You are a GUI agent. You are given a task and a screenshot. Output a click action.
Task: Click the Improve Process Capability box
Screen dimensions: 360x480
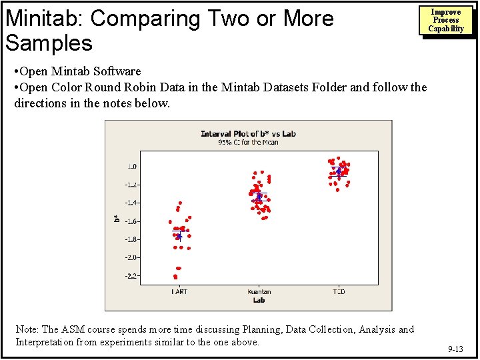(x=446, y=21)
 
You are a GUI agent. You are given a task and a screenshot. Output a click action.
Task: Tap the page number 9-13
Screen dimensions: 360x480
(x=456, y=349)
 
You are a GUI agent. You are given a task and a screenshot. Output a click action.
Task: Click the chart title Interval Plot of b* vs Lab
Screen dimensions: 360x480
(x=248, y=134)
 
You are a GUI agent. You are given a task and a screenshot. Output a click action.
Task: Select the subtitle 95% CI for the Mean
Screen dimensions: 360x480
(x=248, y=142)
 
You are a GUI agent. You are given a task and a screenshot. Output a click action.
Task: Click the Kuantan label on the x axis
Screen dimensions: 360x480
(x=259, y=291)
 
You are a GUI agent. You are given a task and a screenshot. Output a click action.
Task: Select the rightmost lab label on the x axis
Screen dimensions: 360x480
(x=339, y=291)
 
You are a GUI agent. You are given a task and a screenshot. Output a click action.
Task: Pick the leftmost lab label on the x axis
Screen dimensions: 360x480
(x=179, y=291)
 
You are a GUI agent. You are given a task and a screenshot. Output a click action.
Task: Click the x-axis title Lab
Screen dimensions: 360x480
(x=259, y=300)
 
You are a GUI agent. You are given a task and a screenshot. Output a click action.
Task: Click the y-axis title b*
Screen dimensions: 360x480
(x=116, y=217)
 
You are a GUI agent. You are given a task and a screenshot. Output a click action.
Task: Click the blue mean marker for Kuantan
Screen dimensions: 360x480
(x=259, y=197)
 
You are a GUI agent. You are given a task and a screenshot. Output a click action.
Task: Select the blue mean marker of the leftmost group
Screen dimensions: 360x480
(x=179, y=236)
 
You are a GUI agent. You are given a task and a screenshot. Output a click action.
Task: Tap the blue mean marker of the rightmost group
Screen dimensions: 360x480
(x=339, y=171)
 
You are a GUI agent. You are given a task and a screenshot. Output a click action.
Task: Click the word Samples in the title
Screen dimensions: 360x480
(x=49, y=43)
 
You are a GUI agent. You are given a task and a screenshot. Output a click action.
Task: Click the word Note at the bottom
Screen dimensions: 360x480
(x=27, y=329)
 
